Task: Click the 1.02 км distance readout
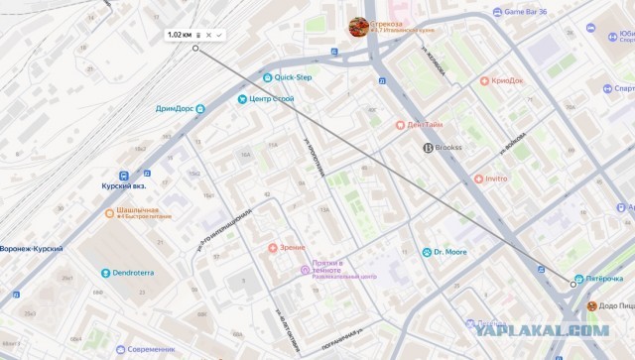(180, 35)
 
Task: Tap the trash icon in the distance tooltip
(197, 35)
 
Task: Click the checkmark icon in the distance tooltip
(219, 35)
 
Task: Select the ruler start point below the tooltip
(195, 49)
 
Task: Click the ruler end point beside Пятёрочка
(572, 285)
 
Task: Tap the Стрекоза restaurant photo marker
(358, 26)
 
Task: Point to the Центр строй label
(272, 99)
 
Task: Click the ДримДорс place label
(174, 108)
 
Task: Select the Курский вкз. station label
(124, 185)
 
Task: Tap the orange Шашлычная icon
(110, 213)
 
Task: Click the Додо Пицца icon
(592, 306)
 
